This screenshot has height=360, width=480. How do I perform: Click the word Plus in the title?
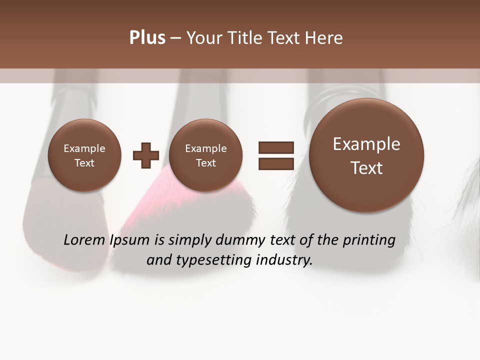(147, 38)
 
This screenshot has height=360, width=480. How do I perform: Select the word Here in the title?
(324, 38)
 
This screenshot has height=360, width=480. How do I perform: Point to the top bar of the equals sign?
(276, 147)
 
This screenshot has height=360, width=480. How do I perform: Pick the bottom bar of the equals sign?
(276, 163)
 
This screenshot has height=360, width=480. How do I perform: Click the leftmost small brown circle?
(84, 156)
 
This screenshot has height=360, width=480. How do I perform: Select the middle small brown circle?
(206, 156)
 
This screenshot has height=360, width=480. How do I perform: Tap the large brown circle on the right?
(366, 155)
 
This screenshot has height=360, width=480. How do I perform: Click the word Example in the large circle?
(366, 144)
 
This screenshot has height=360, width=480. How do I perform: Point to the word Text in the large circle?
(366, 168)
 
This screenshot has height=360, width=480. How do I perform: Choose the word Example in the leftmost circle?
(84, 148)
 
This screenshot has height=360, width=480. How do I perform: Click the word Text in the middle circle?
(206, 163)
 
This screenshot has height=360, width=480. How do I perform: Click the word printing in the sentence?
(368, 240)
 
